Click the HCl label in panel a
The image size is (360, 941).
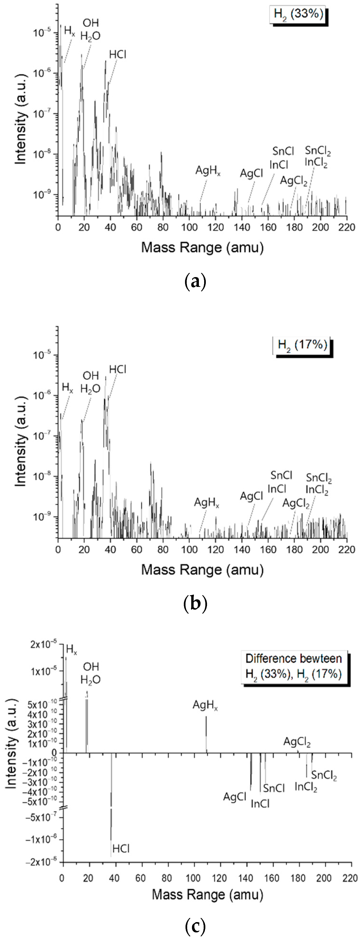(118, 55)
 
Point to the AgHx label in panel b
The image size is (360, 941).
(206, 503)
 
